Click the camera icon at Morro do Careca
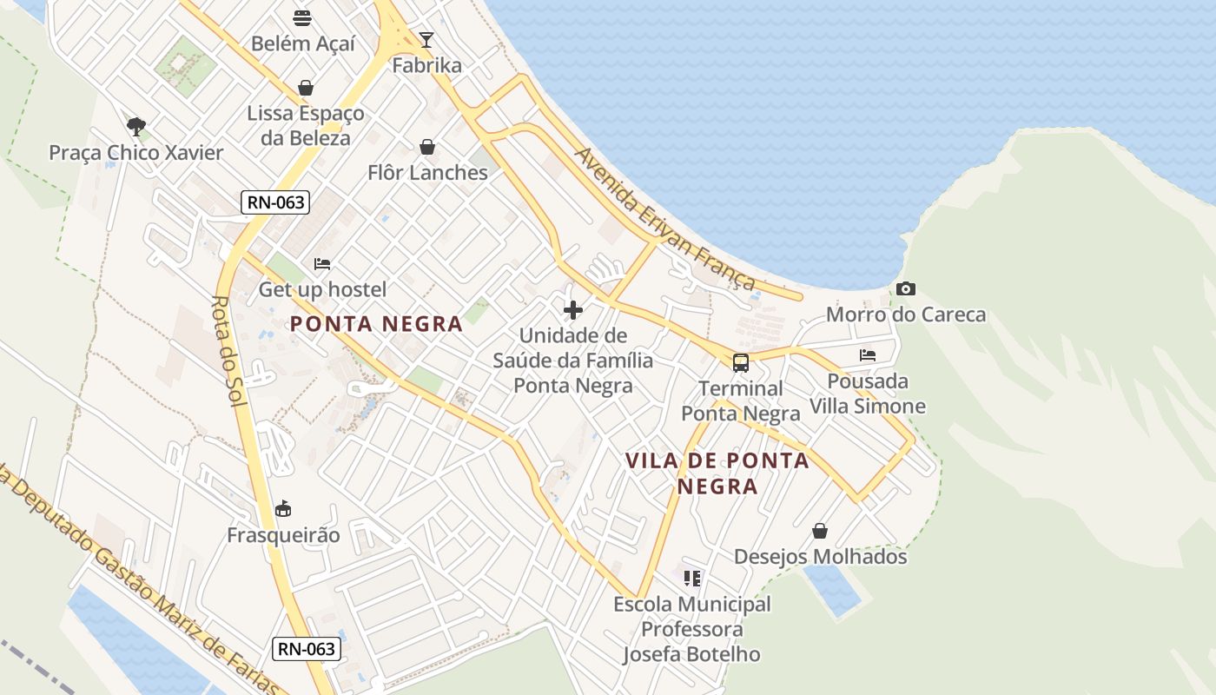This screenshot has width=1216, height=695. point(906,289)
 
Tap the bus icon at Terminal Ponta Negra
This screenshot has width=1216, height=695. point(740,363)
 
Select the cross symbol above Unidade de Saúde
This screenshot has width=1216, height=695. point(573,310)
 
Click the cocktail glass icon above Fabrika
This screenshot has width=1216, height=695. point(426,39)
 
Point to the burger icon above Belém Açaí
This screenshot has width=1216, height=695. point(302,18)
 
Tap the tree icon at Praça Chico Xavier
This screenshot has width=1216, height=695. point(135,127)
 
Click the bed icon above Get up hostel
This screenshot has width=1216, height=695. point(322,264)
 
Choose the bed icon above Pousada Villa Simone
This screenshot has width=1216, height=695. point(867,355)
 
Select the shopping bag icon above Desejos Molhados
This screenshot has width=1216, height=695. point(820,530)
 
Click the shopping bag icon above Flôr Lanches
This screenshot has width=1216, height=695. point(427,147)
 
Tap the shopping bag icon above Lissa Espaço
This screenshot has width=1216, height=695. point(306,87)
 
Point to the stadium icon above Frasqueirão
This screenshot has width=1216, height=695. point(283,509)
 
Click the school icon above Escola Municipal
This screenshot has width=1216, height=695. point(692,578)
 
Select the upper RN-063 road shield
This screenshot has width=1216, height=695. point(275,202)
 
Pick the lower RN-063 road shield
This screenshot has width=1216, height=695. point(307,648)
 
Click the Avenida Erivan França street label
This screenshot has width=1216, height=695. point(664,219)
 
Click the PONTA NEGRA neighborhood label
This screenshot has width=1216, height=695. point(376,324)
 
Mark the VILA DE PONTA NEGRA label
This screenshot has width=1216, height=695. point(717,473)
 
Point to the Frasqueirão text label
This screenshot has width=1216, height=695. point(283,535)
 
